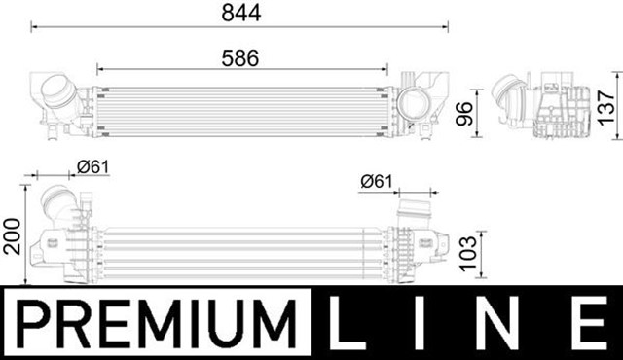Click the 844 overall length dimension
tap(241, 13)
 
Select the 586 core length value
tap(240, 58)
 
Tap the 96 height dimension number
tap(463, 114)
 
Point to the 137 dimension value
tap(606, 108)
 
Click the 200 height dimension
tap(12, 236)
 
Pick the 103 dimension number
tap(468, 254)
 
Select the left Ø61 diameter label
tap(93, 167)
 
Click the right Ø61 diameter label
tap(377, 182)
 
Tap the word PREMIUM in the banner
tap(158, 323)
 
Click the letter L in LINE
tap(347, 323)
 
